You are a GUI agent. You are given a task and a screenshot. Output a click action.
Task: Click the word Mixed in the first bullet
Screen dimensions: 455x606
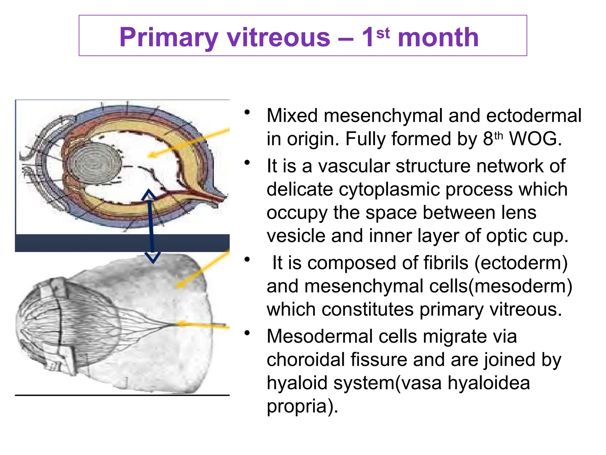[292, 116]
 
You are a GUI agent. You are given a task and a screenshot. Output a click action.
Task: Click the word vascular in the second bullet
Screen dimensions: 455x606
[354, 166]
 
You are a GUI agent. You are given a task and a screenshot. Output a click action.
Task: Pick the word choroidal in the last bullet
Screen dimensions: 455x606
[307, 360]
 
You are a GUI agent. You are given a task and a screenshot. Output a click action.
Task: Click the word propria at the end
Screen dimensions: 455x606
[299, 406]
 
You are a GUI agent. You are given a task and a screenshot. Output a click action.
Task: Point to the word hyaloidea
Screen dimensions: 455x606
[489, 383]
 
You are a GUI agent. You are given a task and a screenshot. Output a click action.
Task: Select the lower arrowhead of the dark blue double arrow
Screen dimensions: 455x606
[153, 257]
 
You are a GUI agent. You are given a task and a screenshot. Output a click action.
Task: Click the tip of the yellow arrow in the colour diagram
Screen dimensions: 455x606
[150, 155]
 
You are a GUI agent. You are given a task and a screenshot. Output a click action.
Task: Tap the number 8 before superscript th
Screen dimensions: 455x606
[488, 139]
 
